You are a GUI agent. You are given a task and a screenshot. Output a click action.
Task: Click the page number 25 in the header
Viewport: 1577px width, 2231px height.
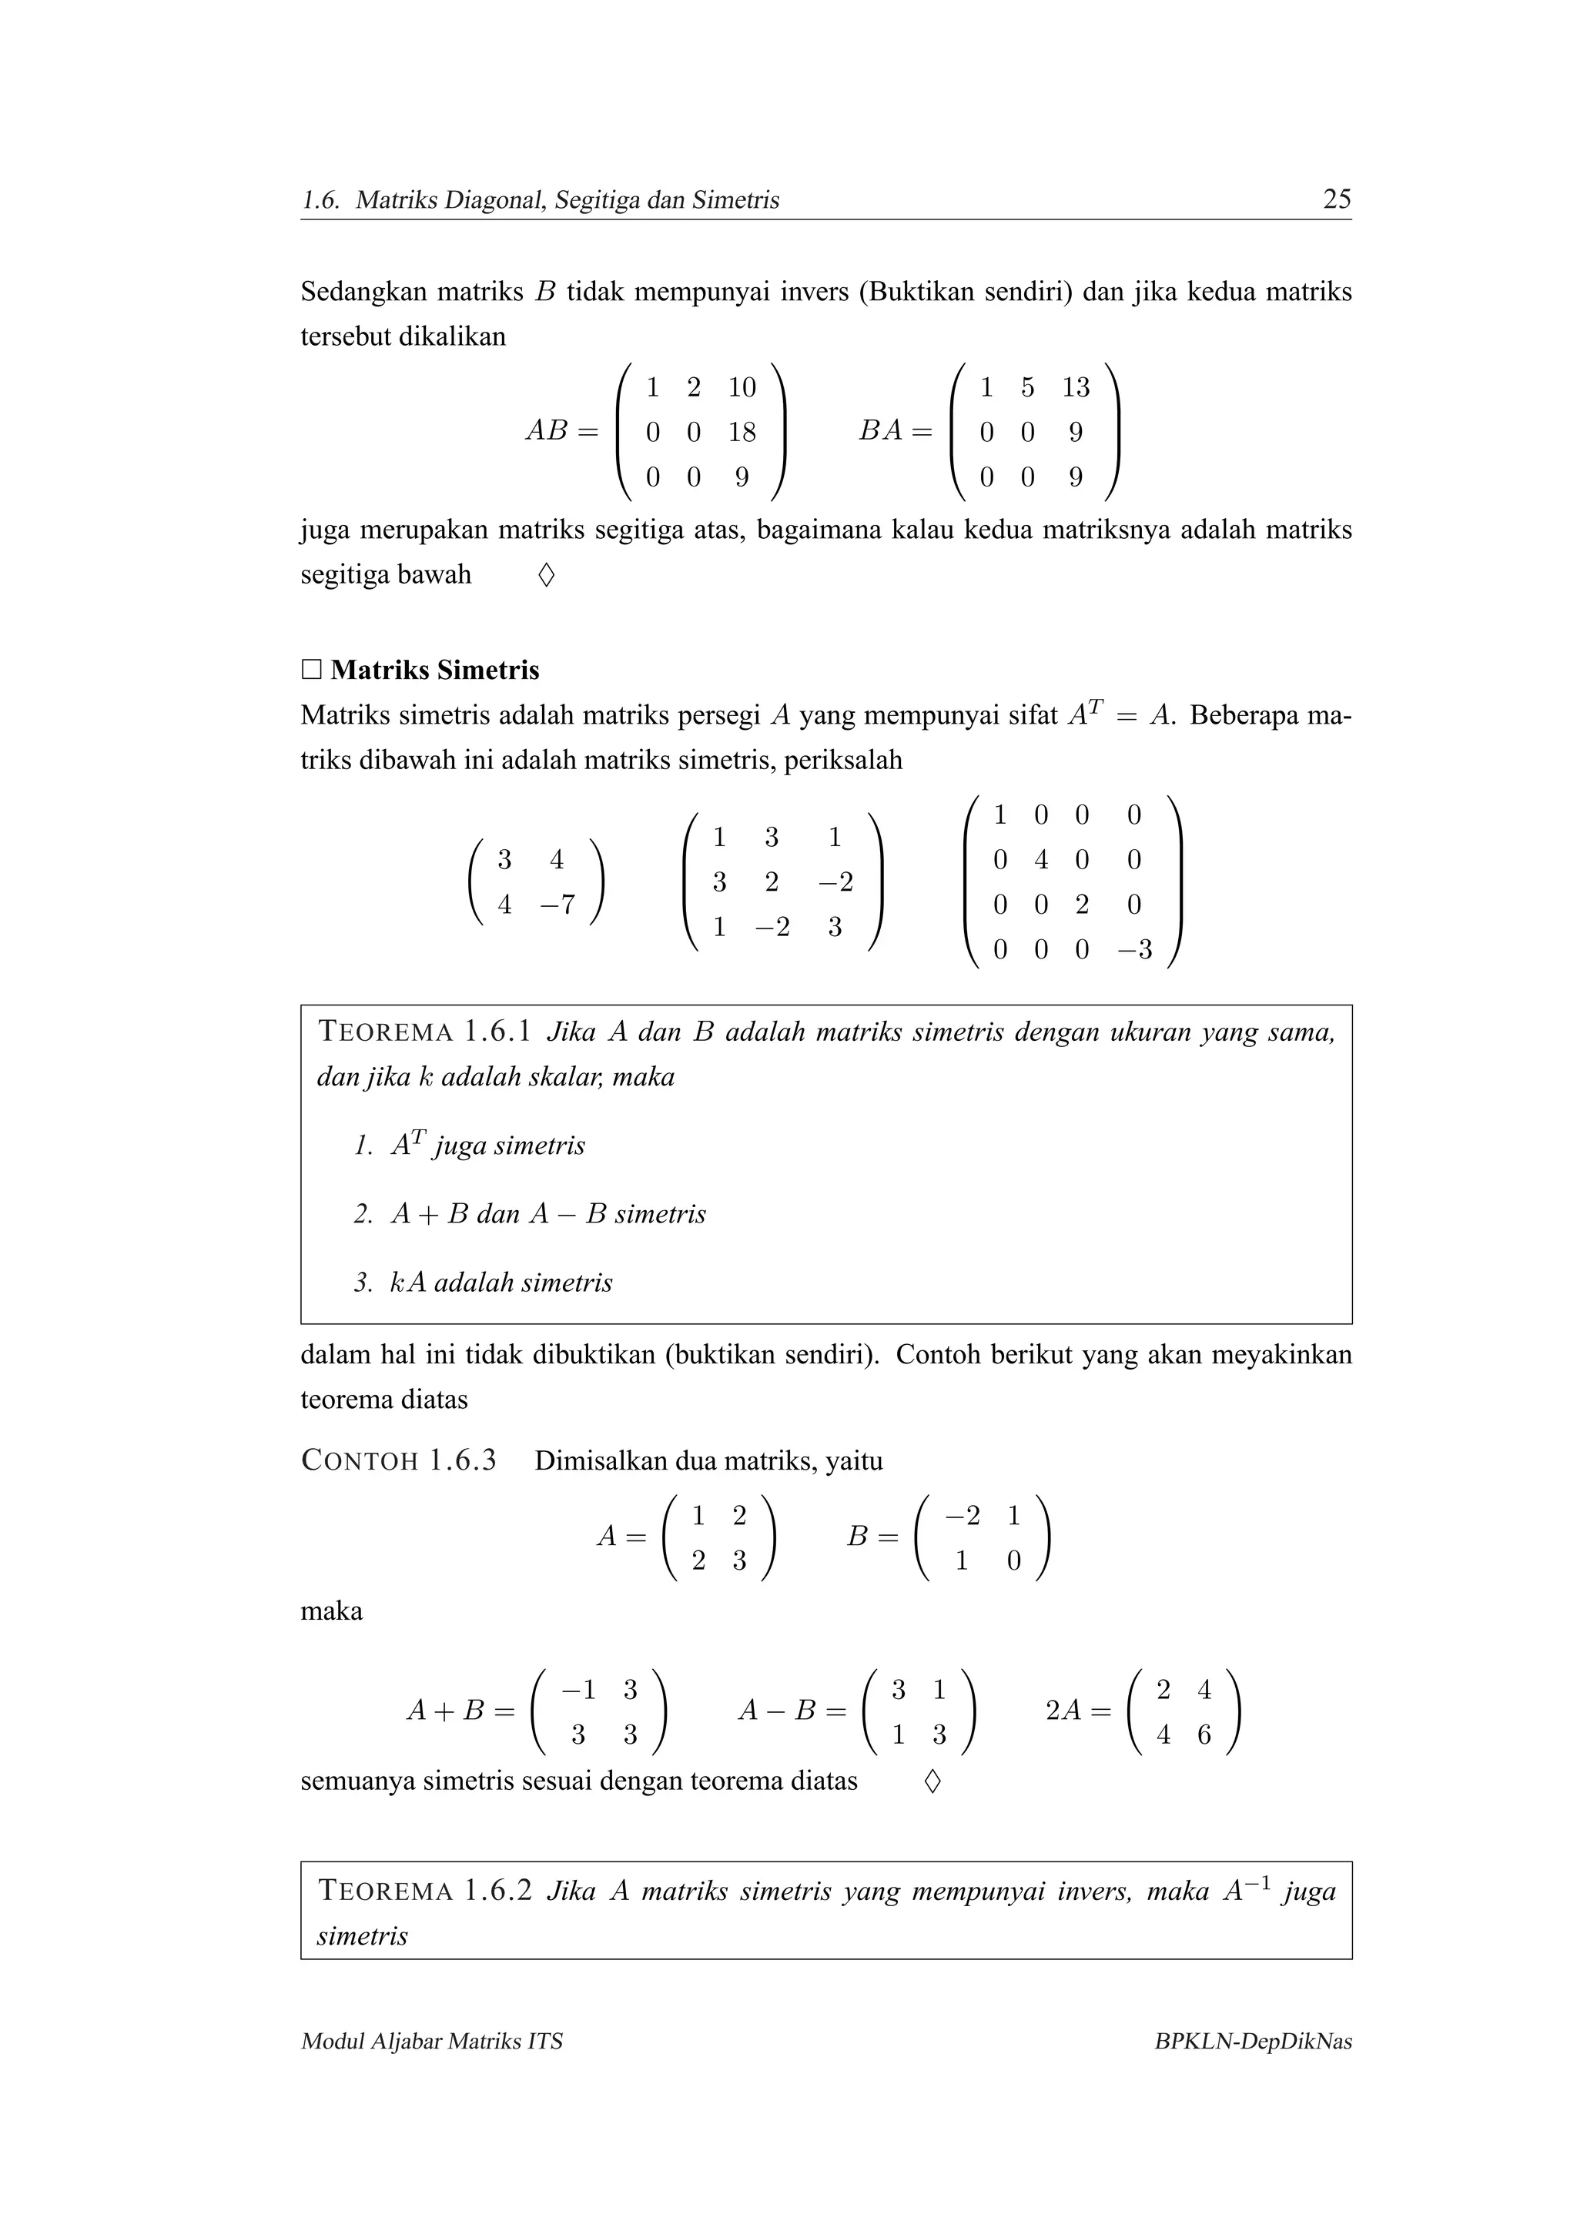(1336, 199)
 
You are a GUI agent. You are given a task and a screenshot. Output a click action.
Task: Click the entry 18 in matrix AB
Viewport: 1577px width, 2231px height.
(742, 433)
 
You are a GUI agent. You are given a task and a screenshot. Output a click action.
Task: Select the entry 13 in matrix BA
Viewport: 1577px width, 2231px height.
(1075, 388)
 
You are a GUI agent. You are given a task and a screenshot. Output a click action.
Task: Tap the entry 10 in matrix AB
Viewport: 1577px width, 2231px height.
(742, 388)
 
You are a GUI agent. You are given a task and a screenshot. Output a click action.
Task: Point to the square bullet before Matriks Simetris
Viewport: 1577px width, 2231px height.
(311, 670)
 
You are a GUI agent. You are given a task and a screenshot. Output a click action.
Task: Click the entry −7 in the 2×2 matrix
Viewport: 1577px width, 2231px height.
(557, 905)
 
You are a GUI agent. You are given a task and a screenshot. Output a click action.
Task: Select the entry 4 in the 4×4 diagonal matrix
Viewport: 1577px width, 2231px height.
(1040, 860)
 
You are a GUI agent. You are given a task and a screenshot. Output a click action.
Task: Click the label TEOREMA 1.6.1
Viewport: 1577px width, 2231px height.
(424, 1032)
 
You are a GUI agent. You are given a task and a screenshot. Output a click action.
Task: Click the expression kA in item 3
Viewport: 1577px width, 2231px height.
(408, 1283)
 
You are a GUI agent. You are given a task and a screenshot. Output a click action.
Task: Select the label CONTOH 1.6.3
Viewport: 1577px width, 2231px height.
(398, 1460)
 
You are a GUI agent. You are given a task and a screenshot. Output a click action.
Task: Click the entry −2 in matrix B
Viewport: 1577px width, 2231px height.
(962, 1516)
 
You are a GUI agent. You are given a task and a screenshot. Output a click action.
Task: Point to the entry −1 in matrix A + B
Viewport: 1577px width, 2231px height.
(578, 1690)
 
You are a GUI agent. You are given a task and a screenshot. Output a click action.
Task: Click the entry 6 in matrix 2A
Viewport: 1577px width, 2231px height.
(1204, 1734)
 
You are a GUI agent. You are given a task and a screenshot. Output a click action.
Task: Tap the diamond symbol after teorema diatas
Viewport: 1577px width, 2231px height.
(932, 1781)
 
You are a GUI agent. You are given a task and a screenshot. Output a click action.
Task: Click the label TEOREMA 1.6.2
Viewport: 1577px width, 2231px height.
(424, 1891)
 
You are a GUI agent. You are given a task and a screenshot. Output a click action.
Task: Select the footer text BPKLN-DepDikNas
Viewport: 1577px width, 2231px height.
(1253, 2042)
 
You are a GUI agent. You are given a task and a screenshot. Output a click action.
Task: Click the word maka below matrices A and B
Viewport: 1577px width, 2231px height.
(331, 1611)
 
